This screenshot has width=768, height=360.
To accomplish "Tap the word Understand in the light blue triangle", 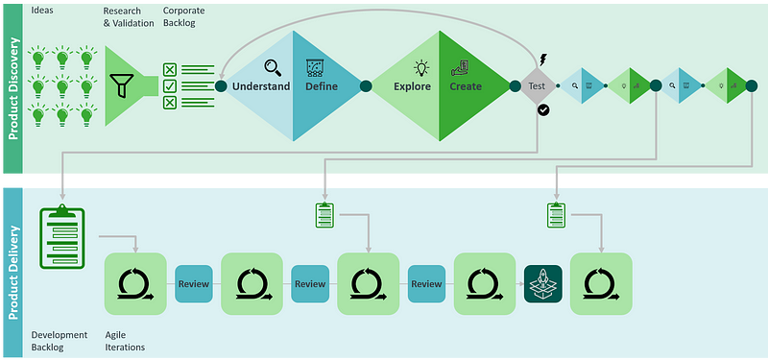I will click(x=261, y=86).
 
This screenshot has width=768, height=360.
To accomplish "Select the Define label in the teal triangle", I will click(x=322, y=86).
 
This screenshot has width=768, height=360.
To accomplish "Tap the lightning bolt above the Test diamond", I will click(x=543, y=58).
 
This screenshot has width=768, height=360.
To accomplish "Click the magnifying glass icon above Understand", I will click(x=273, y=67).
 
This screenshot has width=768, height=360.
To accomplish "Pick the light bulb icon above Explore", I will click(x=420, y=67).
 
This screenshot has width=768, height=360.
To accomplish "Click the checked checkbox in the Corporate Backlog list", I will click(x=170, y=86).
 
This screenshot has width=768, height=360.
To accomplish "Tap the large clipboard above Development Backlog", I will click(x=60, y=239).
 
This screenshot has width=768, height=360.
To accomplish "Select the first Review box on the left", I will click(x=193, y=283).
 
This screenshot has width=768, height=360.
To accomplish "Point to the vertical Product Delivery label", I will click(x=14, y=269).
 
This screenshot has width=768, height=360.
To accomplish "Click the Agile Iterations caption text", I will click(x=124, y=341).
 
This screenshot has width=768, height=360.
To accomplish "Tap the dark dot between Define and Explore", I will click(x=366, y=86).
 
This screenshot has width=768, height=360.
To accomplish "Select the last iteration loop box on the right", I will click(x=600, y=283).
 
